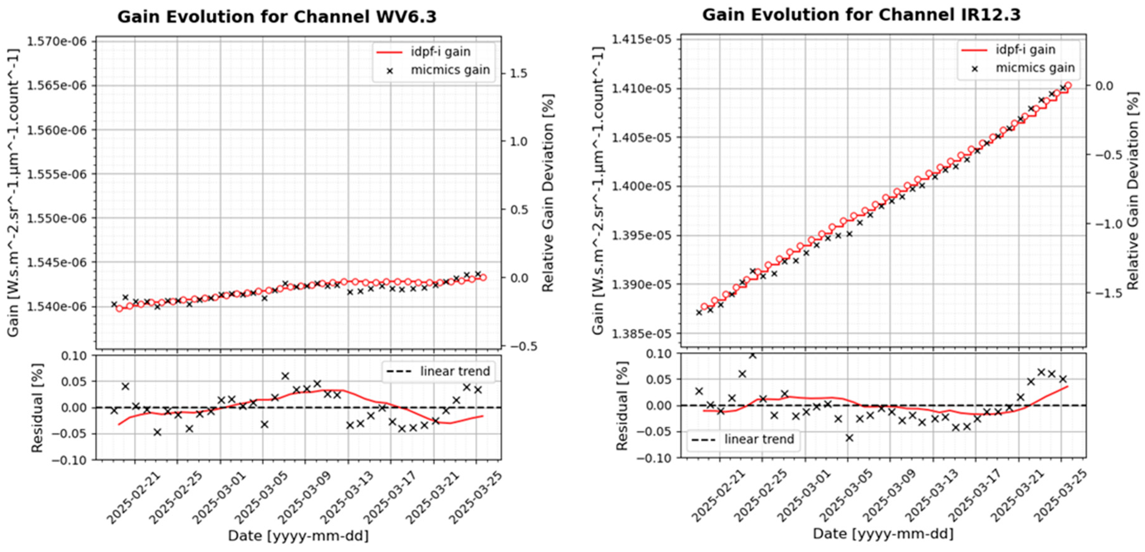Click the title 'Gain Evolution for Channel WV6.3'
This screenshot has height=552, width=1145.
(277, 17)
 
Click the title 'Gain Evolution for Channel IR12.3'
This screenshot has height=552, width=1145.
(861, 15)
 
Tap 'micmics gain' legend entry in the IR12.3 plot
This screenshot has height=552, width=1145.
(1035, 68)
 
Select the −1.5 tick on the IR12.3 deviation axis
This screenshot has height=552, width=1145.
(1098, 293)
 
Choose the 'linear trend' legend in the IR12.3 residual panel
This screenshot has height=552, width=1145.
(743, 440)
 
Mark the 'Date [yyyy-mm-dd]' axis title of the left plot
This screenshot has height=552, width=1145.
(298, 536)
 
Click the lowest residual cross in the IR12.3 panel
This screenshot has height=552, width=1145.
(849, 438)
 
